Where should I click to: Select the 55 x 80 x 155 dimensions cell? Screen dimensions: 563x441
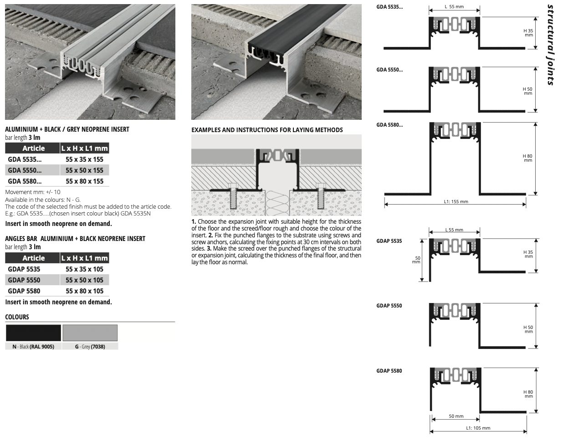pos(84,181)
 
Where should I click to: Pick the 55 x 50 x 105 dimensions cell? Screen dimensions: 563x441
pos(84,280)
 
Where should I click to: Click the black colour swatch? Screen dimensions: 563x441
pos(33,333)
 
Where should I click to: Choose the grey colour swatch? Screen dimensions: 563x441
pos(90,333)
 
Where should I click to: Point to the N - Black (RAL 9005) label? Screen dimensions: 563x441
pos(33,346)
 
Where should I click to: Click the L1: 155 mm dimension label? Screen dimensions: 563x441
pos(456,201)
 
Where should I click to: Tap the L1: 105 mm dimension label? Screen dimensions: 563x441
pos(478,428)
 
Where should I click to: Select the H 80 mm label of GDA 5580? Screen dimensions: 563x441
pos(527,158)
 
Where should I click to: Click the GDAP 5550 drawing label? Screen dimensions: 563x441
pos(389,306)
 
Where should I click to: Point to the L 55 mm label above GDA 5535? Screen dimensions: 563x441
pos(454,7)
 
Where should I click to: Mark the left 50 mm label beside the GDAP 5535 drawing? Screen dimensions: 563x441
pos(416,260)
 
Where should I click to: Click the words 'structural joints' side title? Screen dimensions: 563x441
pos(550,45)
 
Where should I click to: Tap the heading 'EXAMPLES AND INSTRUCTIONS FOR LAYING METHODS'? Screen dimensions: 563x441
pos(267,130)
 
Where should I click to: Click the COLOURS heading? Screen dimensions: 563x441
pos(17,317)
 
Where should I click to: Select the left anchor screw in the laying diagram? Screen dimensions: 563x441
pos(233,196)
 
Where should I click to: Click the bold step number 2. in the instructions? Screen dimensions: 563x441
pos(210,235)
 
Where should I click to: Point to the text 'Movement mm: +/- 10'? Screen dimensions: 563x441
pos(33,192)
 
